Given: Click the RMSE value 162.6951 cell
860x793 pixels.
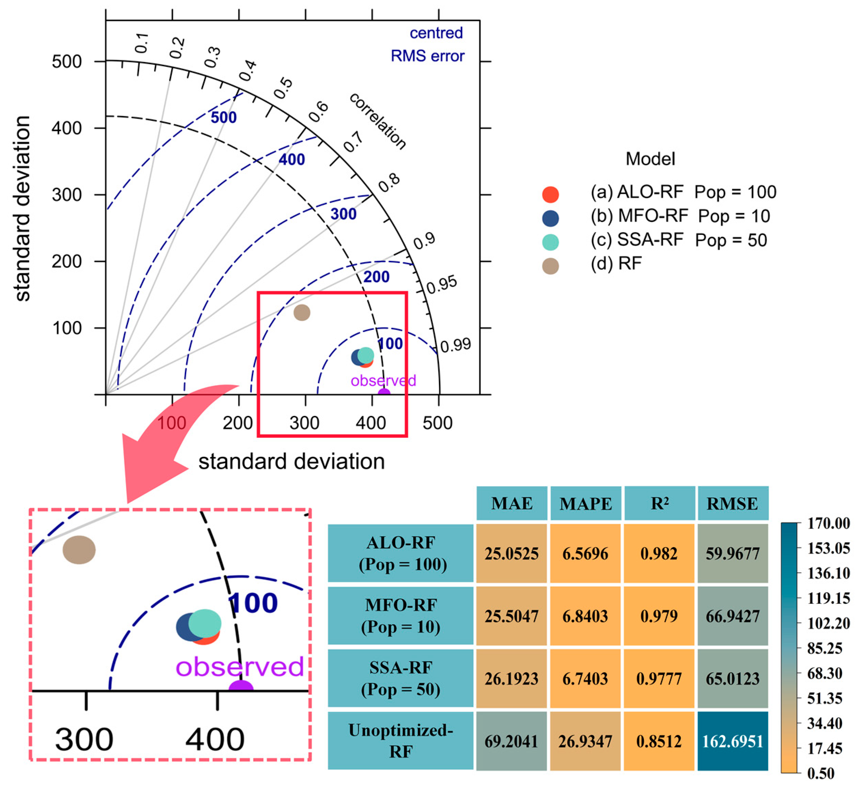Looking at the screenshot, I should [x=732, y=741].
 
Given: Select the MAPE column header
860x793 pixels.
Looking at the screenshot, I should [x=585, y=504].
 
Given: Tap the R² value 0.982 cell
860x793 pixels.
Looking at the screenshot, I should [x=659, y=554].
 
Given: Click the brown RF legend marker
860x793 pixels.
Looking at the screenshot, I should [x=550, y=266].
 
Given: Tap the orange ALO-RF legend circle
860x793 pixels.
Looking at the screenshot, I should [x=550, y=194].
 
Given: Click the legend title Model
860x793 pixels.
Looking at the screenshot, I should [x=650, y=159].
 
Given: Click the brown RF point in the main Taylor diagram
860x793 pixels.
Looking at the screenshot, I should [x=302, y=312].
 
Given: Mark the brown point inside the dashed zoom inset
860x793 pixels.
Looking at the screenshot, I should [x=79, y=550].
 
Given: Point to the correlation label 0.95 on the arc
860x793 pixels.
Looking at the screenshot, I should [x=442, y=284].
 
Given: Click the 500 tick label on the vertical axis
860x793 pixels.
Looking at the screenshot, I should [x=67, y=62].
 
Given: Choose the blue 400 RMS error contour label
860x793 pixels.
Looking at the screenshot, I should [x=292, y=159].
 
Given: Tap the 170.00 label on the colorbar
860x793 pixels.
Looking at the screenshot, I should [x=828, y=524].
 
